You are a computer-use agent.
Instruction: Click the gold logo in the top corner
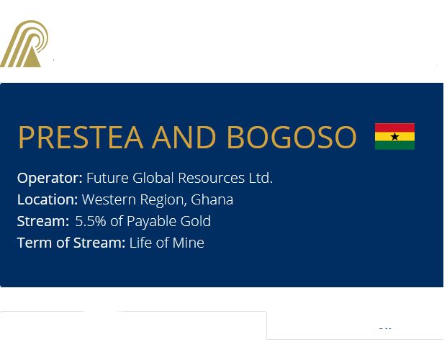[x=24, y=44]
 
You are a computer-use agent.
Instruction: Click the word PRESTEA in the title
[x=81, y=138]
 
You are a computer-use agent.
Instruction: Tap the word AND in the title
[x=184, y=138]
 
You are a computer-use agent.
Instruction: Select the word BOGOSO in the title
[x=292, y=138]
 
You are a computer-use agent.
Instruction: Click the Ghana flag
[x=394, y=136]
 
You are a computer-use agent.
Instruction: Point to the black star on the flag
[x=395, y=137]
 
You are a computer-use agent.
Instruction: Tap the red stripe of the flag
[x=394, y=127]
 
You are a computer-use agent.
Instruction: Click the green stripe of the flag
[x=394, y=145]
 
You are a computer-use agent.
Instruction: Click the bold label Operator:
[x=50, y=179]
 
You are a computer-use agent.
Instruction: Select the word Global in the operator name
[x=153, y=178]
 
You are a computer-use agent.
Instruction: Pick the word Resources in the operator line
[x=211, y=178]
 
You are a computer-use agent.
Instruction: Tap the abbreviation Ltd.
[x=261, y=178]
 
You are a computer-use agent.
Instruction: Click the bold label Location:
[x=48, y=199]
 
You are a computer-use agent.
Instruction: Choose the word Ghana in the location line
[x=212, y=199]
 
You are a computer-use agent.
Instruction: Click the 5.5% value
[x=91, y=221]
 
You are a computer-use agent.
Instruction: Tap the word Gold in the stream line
[x=196, y=221]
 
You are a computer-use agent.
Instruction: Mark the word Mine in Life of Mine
[x=189, y=243]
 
